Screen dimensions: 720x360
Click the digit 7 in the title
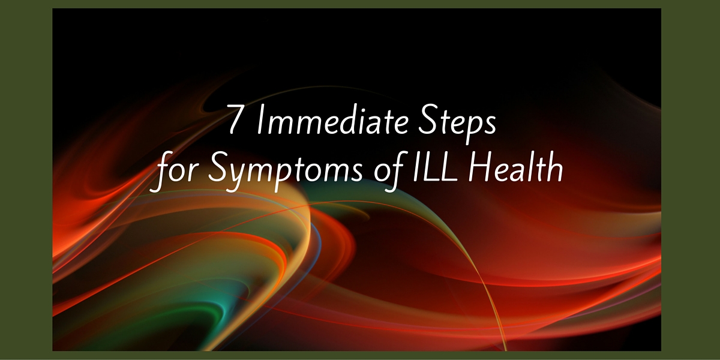235,119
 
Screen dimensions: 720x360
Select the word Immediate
332,119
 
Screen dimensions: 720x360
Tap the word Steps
457,124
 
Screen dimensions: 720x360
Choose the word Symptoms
286,171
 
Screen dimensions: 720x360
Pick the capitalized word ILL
434,167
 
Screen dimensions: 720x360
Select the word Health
515,167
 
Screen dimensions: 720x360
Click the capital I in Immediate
260,119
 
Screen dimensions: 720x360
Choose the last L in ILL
448,167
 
